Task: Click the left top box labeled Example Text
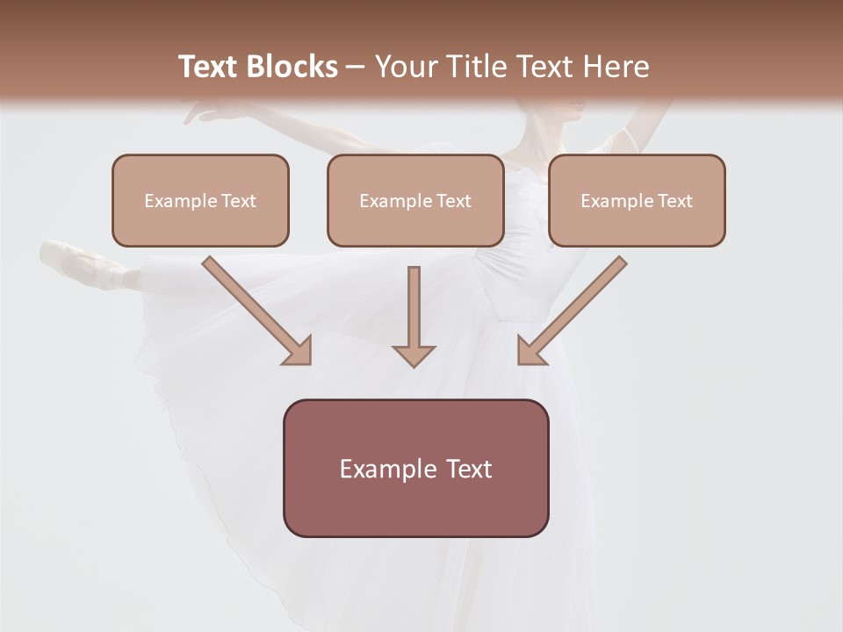200,200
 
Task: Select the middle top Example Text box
415,200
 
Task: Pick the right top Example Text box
637,200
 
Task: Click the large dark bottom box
415,468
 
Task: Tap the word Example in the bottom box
387,469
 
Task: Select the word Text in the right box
674,201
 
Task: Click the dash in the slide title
356,67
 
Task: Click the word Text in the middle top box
453,201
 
